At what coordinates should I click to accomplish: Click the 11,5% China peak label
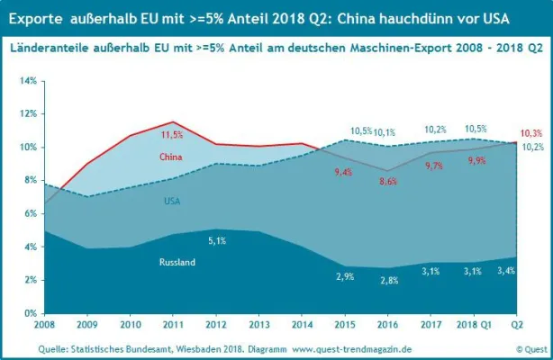[172, 135]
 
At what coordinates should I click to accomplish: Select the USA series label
[172, 200]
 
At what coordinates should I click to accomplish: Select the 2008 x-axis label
[45, 324]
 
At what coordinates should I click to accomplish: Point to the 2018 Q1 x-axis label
[474, 324]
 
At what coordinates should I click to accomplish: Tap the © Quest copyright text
[530, 348]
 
